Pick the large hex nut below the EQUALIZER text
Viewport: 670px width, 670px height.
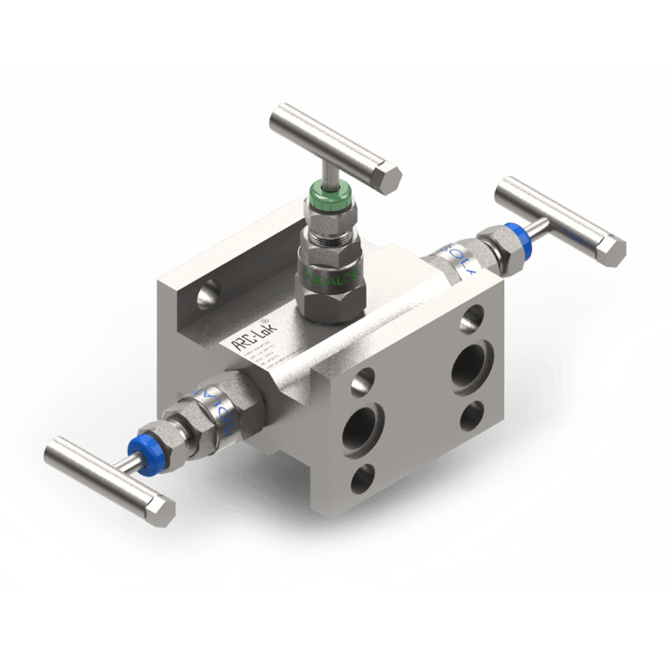pos(332,300)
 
